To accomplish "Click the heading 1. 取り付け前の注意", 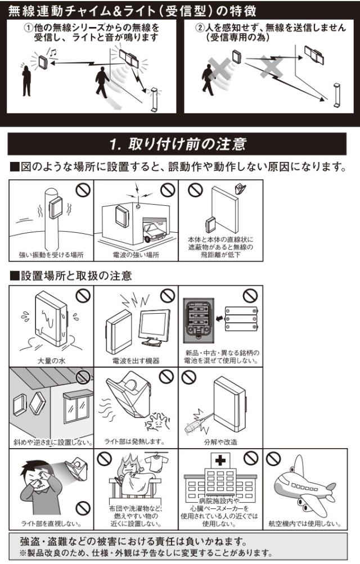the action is pyautogui.click(x=178, y=144).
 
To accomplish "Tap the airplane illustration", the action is pyautogui.click(x=304, y=484).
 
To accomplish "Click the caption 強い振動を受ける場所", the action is pyautogui.click(x=51, y=255).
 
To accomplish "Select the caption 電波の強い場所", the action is pyautogui.click(x=136, y=255).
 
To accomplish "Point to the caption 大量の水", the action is pyautogui.click(x=51, y=361).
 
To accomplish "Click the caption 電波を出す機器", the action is pyautogui.click(x=136, y=361).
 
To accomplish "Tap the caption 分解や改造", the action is pyautogui.click(x=220, y=442).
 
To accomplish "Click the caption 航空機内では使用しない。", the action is pyautogui.click(x=305, y=524).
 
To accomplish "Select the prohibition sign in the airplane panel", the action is pyautogui.click(x=273, y=458).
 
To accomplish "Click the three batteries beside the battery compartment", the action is pyautogui.click(x=241, y=318).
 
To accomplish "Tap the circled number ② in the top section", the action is pyautogui.click(x=200, y=28).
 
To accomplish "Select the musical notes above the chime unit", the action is pyautogui.click(x=53, y=53).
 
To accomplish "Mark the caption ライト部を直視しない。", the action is pyautogui.click(x=51, y=524).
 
